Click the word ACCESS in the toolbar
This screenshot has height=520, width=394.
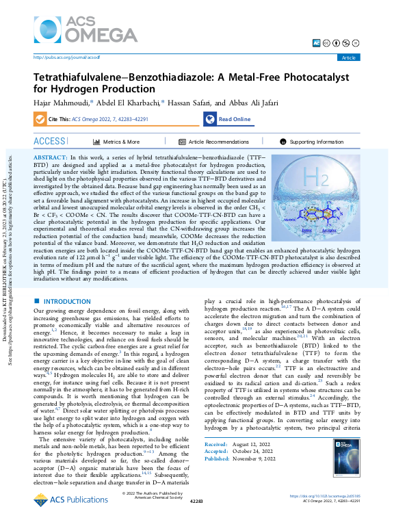point(50,141)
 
